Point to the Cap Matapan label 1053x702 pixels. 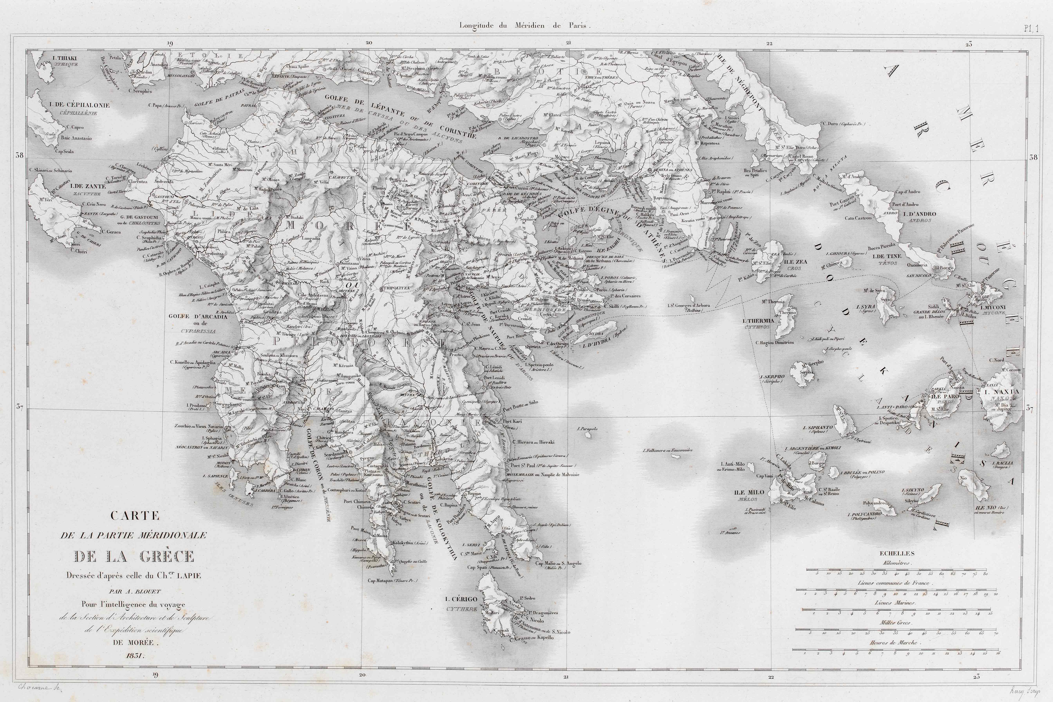pyautogui.click(x=393, y=581)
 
